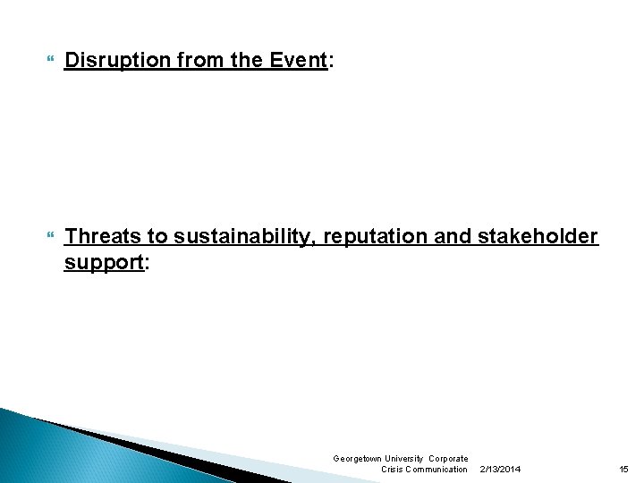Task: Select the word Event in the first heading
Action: tap(301, 61)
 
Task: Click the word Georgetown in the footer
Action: tap(357, 458)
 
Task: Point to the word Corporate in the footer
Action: tap(449, 458)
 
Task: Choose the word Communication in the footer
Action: tap(436, 469)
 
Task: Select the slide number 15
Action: tap(623, 469)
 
